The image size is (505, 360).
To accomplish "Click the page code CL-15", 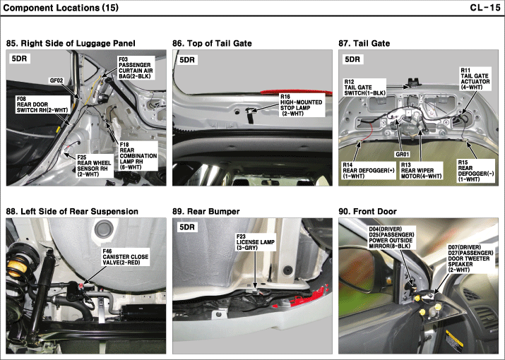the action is coord(485,7).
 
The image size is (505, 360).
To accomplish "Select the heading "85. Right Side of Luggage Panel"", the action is coord(71,44).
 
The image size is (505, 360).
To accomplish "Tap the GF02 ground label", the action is coord(57,80).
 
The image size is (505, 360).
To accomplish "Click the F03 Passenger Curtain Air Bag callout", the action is coord(136,68).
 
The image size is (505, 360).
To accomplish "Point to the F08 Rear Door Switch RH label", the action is coord(42,104).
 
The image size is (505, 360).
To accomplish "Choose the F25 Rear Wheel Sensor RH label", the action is coord(94,166).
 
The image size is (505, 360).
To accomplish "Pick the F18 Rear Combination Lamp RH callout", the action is coord(138,156).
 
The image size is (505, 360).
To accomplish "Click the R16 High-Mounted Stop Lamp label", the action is coord(301,105).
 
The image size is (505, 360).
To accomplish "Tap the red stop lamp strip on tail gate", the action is coord(296,92).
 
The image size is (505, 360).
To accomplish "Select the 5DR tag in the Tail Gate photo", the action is coord(352,59).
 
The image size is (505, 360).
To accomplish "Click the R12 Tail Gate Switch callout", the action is coord(364,88).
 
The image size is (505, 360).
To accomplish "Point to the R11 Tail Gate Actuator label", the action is coord(475,78).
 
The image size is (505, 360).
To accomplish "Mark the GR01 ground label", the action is coord(403,155).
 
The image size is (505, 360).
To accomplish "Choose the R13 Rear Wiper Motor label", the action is coord(421,171).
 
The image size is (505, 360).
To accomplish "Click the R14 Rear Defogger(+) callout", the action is coord(369,171).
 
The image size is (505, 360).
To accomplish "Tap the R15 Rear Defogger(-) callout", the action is coord(476,171).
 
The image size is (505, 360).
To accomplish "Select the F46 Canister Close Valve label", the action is coord(126,257).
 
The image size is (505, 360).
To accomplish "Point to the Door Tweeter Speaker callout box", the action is coord(470,258).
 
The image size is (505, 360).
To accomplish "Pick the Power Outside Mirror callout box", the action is coord(391,238).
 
